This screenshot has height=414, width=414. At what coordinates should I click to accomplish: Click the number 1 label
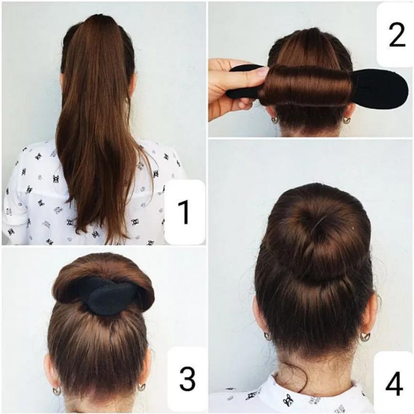point(184,212)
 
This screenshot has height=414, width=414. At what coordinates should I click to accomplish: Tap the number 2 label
point(397,35)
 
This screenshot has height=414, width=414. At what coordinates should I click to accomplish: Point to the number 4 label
point(394,384)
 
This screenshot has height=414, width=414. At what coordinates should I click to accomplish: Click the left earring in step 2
point(274,120)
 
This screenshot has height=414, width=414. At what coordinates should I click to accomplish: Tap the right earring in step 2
point(346,120)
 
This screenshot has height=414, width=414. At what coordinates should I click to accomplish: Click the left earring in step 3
point(56,390)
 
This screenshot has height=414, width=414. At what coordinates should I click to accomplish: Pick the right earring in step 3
point(141,387)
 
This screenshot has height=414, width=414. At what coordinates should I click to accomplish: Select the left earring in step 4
point(268,336)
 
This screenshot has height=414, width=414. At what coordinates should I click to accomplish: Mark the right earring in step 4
point(365,337)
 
